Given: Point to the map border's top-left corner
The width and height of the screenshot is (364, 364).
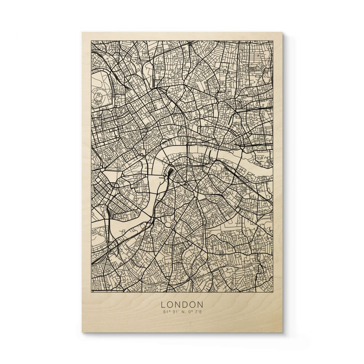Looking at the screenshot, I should [90, 42].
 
